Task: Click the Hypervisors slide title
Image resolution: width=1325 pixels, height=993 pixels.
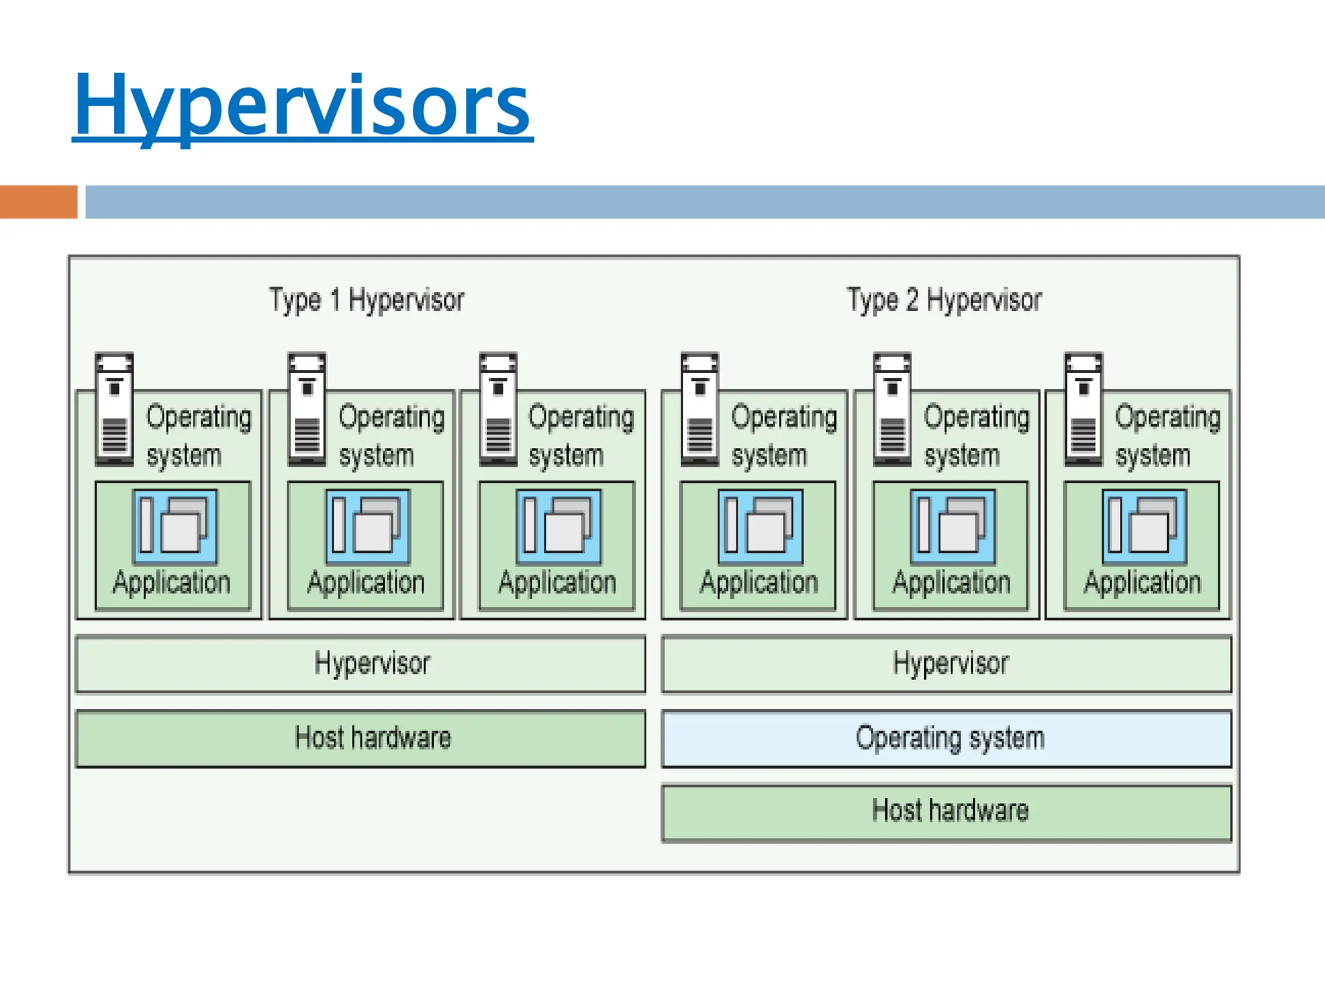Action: pos(302,105)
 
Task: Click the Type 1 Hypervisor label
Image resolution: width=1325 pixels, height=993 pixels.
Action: pos(366,301)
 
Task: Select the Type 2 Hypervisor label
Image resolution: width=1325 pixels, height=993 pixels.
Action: pos(944,301)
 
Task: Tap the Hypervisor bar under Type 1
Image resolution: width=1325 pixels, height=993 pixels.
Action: pos(360,664)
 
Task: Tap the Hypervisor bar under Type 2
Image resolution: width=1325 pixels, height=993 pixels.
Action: pos(946,664)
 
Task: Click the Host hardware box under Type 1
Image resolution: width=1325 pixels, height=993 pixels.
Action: pos(360,738)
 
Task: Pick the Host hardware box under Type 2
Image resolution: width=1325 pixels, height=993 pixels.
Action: pos(946,812)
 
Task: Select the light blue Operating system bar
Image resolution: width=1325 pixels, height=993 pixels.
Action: pos(946,738)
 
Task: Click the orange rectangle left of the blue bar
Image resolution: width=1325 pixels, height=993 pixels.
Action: pos(38,202)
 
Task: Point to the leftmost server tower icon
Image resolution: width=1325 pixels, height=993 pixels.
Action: pos(115,409)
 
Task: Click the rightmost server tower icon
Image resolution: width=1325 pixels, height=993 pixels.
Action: pos(1083,409)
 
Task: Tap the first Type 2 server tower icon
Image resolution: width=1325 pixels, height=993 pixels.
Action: pos(699,409)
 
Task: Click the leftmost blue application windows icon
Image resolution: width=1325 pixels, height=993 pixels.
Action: pos(175,526)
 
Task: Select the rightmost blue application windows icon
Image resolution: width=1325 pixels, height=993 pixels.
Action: pos(1144,526)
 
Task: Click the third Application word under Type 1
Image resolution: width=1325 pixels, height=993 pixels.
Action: pos(556,582)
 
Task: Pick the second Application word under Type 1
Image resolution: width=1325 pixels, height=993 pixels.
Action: pos(366,582)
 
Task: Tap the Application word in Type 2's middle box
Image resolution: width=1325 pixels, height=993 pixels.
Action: pos(950,582)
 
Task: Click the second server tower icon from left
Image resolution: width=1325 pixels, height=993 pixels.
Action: pos(307,409)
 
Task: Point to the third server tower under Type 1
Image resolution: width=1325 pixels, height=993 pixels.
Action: pos(498,409)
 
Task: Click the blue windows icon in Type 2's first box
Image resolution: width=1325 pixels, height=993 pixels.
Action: pos(760,526)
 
